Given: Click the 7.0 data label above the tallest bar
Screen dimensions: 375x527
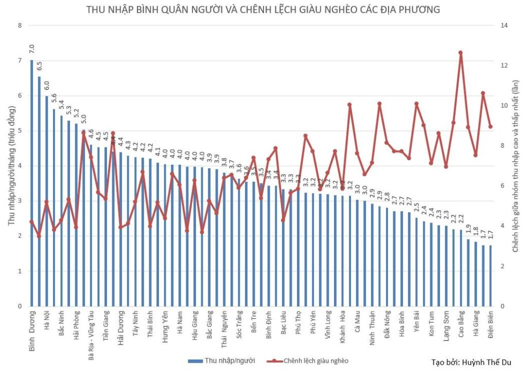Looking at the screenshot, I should tap(32, 49).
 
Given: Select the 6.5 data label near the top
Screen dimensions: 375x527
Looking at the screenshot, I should tap(40, 66).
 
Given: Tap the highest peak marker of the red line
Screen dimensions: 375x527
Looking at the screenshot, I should tap(460, 53).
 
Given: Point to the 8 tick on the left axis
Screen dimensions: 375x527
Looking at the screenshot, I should tap(20, 25).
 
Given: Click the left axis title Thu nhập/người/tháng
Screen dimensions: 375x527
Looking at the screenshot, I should tap(10, 165).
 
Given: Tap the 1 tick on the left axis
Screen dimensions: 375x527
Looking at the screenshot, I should tap(20, 271).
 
